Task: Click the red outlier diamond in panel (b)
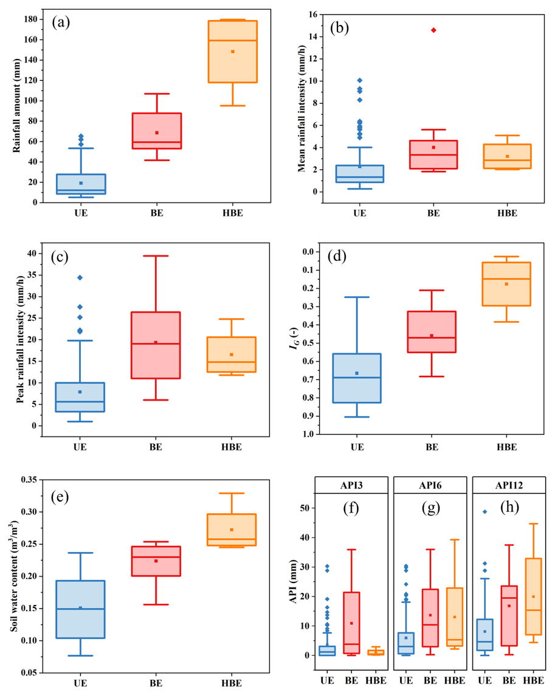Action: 433,30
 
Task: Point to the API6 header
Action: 430,485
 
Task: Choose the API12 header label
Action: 508,485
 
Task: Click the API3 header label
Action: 351,485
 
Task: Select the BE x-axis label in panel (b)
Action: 433,213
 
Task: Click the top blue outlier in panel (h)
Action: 485,511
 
